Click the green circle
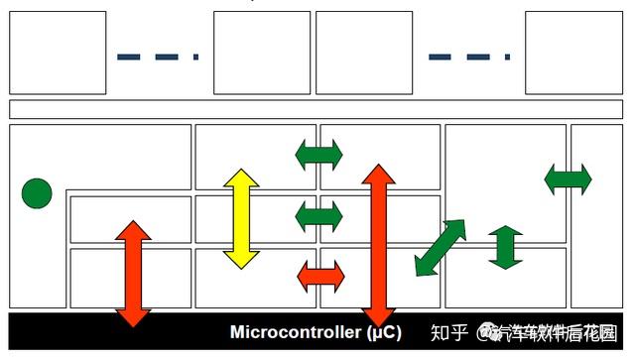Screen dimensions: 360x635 (37, 193)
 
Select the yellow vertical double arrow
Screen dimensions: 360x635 (241, 218)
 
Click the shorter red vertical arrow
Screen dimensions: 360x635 (133, 273)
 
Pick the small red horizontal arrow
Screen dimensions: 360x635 (320, 276)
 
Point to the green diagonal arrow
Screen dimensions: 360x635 (440, 248)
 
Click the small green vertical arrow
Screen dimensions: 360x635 (505, 247)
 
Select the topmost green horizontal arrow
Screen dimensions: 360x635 (318, 155)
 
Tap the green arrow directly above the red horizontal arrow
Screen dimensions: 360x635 (318, 215)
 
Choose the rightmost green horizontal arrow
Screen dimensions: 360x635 (568, 180)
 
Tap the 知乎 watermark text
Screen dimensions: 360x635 (450, 331)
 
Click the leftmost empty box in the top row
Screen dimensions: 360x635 (58, 53)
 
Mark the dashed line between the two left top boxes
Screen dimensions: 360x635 (158, 57)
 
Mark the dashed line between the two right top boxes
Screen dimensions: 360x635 (469, 57)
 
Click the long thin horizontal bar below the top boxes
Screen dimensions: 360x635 (317, 109)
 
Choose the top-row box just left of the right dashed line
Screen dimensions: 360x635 (364, 53)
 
